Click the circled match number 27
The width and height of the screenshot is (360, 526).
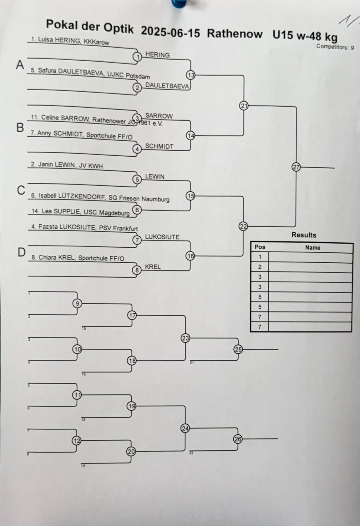pos(296,167)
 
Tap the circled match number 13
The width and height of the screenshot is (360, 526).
pos(190,75)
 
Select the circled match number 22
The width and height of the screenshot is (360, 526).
pos(243,226)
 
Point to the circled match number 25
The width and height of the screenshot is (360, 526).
pos(238,349)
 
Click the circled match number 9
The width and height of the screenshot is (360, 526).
pos(77,303)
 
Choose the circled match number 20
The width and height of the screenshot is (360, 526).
pos(131,451)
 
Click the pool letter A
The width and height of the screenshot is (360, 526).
pos(20,65)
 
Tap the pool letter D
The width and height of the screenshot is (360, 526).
pos(21,252)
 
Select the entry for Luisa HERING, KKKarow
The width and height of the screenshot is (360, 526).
pos(70,41)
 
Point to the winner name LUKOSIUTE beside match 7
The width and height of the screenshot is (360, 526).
pos(162,237)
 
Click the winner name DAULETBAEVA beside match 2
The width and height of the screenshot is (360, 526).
pos(167,86)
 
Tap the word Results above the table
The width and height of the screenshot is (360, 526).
pos(304,235)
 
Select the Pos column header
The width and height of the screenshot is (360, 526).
pos(260,247)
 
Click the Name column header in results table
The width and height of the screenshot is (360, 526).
pos(312,248)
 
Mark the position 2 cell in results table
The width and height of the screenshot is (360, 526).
pos(260,267)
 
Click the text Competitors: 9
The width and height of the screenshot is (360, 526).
pos(335,47)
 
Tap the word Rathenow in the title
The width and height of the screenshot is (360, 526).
pos(235,33)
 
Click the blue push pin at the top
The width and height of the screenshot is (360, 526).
pos(179,3)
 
